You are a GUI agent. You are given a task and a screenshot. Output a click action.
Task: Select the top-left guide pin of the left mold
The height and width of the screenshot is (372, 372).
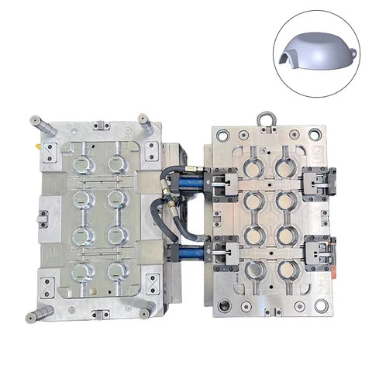coord(37,121)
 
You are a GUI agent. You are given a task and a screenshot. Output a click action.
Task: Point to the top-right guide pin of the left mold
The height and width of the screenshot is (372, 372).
coord(145,121)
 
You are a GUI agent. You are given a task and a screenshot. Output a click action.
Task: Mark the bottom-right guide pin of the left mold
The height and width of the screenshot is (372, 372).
coord(145,313)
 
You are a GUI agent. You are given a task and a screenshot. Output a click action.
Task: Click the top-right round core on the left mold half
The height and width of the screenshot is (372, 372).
coord(116,164)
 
